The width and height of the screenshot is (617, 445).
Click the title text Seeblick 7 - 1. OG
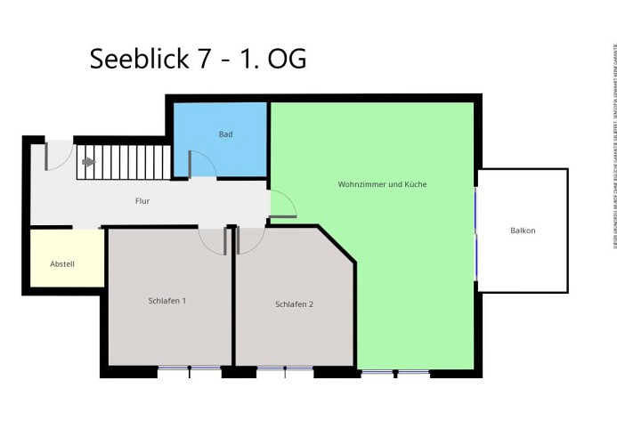coord(199,59)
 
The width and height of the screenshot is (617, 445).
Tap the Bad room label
coord(225,134)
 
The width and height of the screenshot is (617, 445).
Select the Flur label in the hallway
coord(142,201)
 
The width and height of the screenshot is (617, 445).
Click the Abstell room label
coord(62,264)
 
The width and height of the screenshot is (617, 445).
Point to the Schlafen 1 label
coord(167,301)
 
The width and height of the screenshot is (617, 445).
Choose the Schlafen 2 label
coord(294,304)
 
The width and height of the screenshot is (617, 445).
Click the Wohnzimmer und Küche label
coord(382,184)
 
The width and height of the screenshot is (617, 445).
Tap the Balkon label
coord(523,231)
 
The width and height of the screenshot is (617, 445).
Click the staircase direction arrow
coord(88,162)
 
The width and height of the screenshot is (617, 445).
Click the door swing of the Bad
coord(201,164)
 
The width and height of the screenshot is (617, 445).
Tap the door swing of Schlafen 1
coord(214,239)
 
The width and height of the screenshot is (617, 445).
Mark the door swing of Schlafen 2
coord(250,239)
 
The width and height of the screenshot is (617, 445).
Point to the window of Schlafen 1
coord(189,368)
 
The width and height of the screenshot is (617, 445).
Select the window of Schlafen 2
coord(285,368)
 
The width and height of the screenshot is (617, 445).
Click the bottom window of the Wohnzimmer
coord(395,372)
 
